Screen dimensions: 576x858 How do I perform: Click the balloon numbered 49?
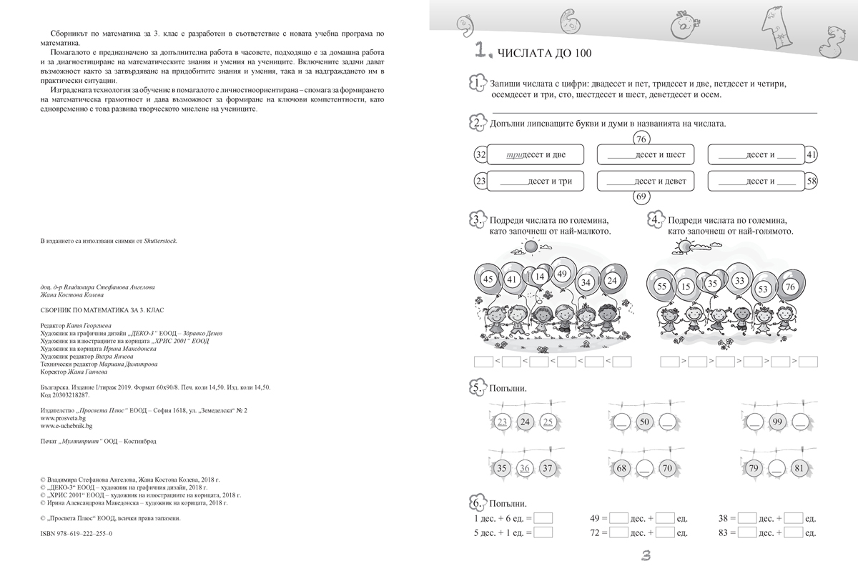click(561, 274)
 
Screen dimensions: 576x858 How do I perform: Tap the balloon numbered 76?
click(789, 287)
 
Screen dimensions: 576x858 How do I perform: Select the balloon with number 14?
click(539, 276)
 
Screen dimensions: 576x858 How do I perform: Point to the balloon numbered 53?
click(763, 289)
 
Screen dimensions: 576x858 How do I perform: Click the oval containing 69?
click(641, 197)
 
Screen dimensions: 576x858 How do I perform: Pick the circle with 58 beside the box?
click(811, 182)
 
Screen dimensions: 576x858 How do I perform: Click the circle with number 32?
click(480, 155)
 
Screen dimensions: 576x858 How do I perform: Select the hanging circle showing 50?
click(643, 422)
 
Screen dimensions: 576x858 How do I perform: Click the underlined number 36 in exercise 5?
click(525, 469)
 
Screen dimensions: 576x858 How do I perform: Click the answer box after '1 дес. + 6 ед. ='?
click(543, 518)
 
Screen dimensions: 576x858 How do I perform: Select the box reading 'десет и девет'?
click(646, 182)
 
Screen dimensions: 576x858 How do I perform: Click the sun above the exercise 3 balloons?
click(530, 246)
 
